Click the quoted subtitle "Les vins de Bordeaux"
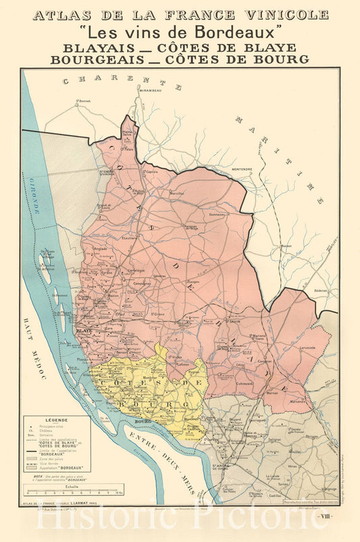tap(180, 31)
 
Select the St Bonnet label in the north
tap(83, 101)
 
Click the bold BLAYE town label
tap(84, 330)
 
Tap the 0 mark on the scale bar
tap(28, 494)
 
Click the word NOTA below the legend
tap(28, 475)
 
